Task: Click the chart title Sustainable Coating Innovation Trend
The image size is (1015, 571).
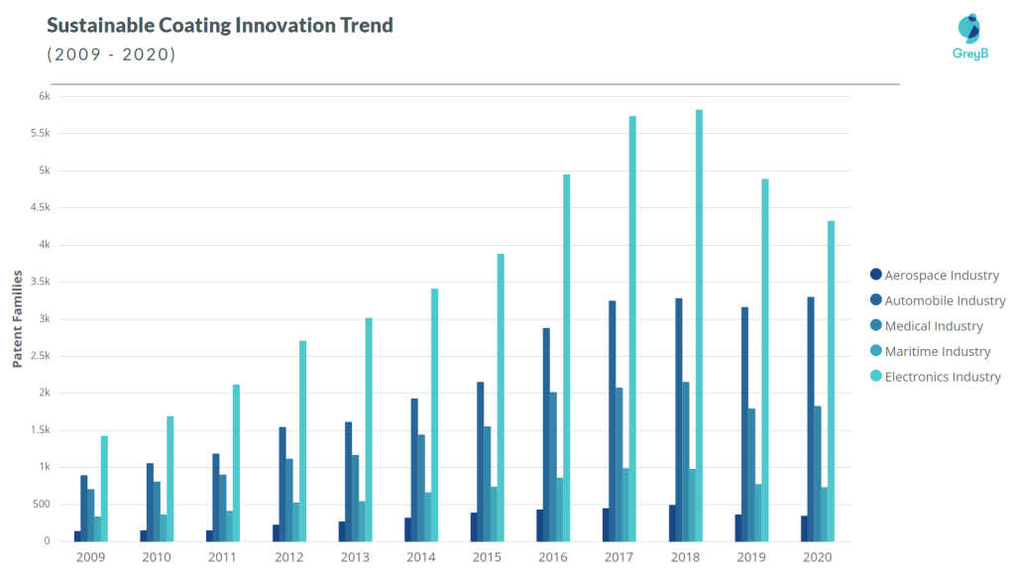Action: pos(220,25)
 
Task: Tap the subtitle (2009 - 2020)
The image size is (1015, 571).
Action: pos(111,55)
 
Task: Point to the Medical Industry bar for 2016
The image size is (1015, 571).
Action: pos(553,466)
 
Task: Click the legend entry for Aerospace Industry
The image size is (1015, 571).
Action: pos(941,276)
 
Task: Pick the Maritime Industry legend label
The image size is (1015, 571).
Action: pos(937,351)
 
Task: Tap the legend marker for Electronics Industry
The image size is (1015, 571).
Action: pos(875,377)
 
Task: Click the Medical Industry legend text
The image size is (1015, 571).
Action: pos(933,326)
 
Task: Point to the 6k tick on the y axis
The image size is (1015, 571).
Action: pos(44,96)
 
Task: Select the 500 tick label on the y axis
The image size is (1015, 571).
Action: pos(40,505)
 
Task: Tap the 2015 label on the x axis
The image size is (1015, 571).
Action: pos(487,558)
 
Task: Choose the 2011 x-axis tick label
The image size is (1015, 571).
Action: pos(223,558)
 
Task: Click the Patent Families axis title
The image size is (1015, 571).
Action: pos(17,318)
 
